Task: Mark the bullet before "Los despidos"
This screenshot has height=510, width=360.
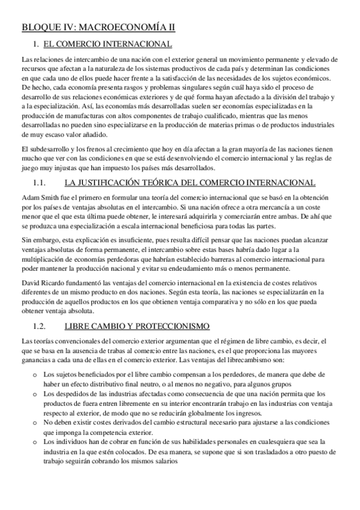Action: (x=35, y=392)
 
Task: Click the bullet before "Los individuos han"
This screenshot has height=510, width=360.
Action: (x=35, y=441)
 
